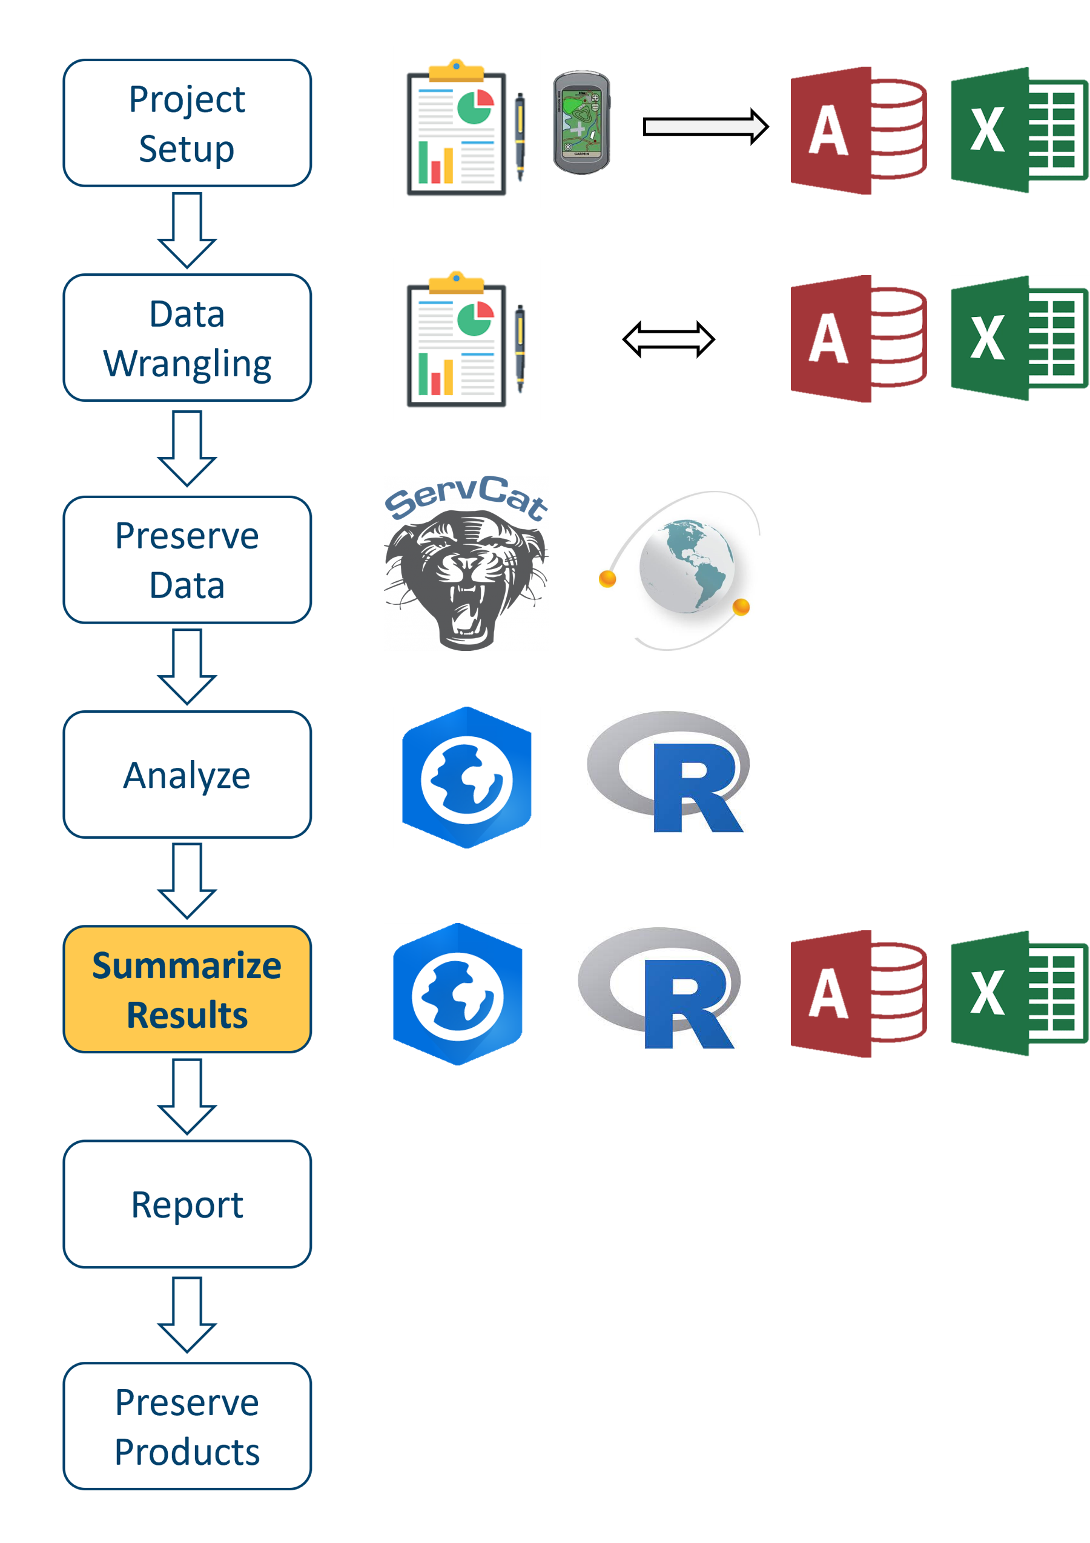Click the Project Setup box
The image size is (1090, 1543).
click(x=187, y=123)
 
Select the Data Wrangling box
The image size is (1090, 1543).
click(x=187, y=338)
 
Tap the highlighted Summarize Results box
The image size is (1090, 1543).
click(x=187, y=988)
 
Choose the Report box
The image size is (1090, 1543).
click(x=187, y=1204)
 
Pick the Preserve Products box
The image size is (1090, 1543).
click(x=187, y=1425)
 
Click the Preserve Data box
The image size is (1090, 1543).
click(x=187, y=560)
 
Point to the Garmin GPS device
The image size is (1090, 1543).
click(x=581, y=123)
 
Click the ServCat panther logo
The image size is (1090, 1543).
click(x=466, y=563)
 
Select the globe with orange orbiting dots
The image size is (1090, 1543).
click(x=679, y=570)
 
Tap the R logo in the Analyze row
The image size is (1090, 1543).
click(x=669, y=771)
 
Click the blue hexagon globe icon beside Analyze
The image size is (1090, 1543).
click(x=466, y=778)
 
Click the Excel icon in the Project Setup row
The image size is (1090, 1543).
click(x=1019, y=130)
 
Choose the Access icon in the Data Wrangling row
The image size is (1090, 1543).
click(x=858, y=339)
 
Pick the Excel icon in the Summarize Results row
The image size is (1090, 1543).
click(x=1019, y=994)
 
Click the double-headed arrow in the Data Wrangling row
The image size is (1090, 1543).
click(x=669, y=339)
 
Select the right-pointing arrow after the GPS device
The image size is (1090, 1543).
click(x=704, y=126)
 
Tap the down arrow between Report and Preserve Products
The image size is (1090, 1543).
click(x=187, y=1314)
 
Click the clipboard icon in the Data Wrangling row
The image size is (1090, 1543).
click(x=466, y=339)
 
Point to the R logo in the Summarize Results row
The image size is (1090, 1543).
click(x=659, y=988)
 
